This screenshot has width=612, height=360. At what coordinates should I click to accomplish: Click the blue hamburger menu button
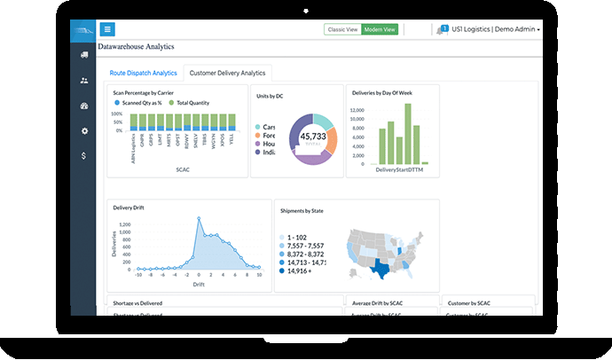coord(107,29)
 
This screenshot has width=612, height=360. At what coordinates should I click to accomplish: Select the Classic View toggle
coord(343,30)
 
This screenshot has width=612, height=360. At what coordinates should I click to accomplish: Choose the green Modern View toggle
coord(380,30)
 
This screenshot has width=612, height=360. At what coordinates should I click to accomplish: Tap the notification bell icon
coord(442,30)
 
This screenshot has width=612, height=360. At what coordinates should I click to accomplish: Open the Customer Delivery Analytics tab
coord(228,73)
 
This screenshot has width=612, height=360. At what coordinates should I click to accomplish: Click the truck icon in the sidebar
coord(83,55)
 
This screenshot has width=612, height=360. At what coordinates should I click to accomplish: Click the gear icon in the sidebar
coord(83,131)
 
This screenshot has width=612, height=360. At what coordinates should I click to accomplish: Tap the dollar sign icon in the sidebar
coord(83,156)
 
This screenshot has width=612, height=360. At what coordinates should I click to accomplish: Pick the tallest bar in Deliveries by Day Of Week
coord(410,134)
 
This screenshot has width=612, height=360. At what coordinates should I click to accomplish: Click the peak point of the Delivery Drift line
coord(197,220)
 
